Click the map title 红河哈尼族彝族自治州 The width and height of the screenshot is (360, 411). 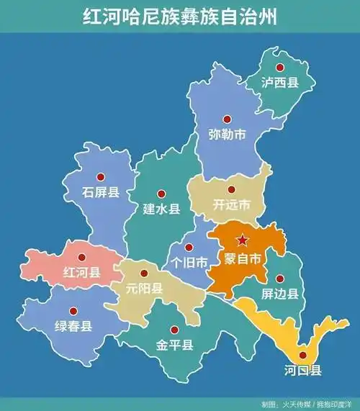[x=179, y=16]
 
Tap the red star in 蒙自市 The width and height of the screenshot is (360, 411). [x=243, y=240]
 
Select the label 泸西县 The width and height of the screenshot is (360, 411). [x=280, y=83]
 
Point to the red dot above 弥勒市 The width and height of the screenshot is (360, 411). [x=228, y=118]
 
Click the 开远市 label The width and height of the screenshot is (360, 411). [x=232, y=205]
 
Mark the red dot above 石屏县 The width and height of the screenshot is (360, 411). [x=102, y=176]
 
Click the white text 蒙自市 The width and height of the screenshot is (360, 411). [x=243, y=258]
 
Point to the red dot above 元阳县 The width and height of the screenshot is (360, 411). [x=144, y=273]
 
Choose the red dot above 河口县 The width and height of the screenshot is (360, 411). [x=302, y=354]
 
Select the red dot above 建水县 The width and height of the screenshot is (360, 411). [x=161, y=192]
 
